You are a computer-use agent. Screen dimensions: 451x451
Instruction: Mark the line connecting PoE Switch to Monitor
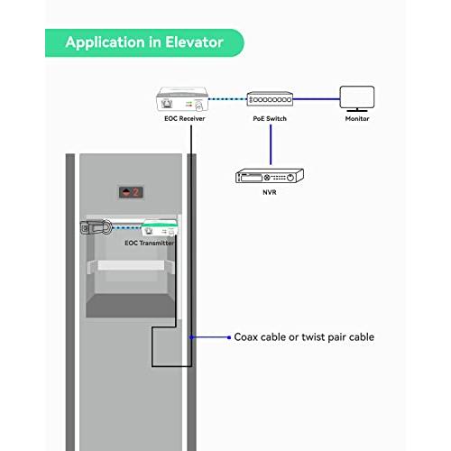(x=315, y=99)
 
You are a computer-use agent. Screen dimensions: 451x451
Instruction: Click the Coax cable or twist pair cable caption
(x=304, y=337)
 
